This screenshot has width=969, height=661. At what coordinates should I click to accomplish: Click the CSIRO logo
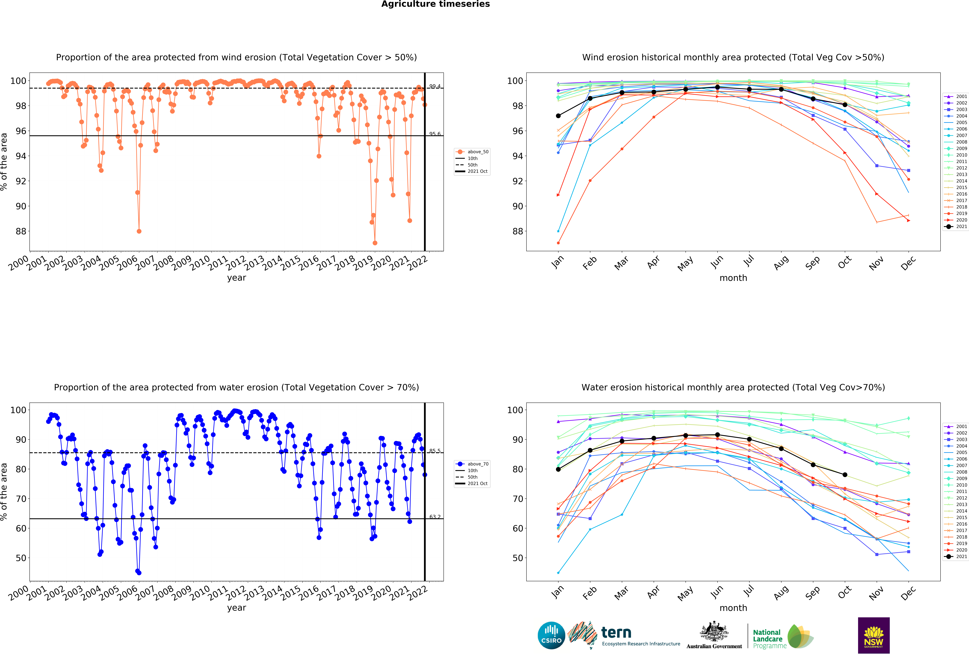click(x=551, y=636)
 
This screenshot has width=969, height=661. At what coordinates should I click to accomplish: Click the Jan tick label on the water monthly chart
click(x=557, y=592)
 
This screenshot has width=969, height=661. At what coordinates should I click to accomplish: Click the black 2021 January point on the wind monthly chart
click(x=558, y=116)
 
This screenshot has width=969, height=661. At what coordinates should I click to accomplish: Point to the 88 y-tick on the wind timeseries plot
click(x=21, y=231)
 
